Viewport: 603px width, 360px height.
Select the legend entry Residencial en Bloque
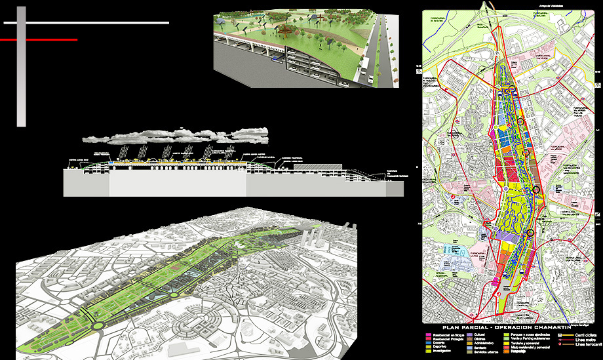446,334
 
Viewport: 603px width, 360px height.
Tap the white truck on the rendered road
371,77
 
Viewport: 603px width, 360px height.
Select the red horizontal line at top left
39,40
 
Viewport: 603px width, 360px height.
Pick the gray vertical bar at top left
21,66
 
